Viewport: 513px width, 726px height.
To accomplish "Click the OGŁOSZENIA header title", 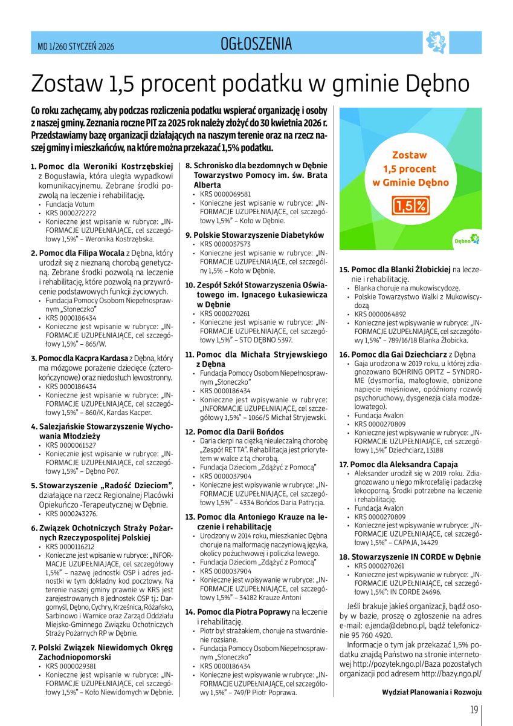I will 256,44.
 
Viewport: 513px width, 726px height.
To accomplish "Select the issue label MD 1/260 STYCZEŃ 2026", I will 72,46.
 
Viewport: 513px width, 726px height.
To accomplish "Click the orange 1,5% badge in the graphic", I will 410,206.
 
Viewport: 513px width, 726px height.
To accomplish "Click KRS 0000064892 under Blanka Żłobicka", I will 380,314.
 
